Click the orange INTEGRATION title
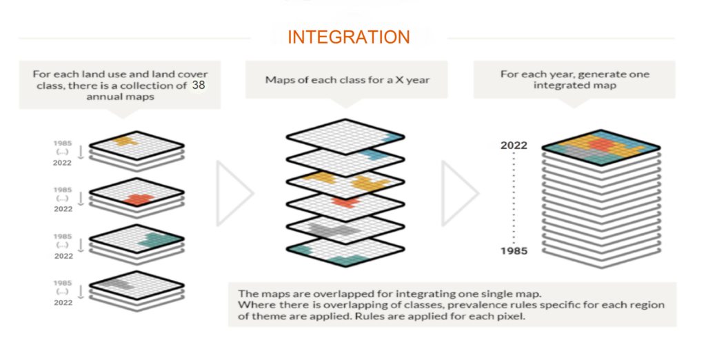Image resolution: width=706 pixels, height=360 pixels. (x=348, y=37)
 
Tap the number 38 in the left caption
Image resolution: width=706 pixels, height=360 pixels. (x=199, y=86)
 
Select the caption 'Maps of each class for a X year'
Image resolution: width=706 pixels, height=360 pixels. (x=347, y=80)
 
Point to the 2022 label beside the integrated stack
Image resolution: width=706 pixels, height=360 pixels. (x=514, y=146)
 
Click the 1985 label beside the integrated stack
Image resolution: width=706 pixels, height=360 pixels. (x=514, y=250)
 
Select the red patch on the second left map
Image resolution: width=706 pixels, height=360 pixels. (x=140, y=199)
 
